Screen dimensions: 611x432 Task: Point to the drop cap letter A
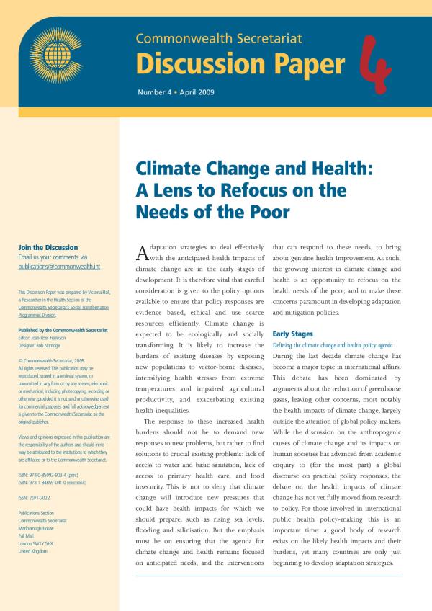click(x=142, y=254)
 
